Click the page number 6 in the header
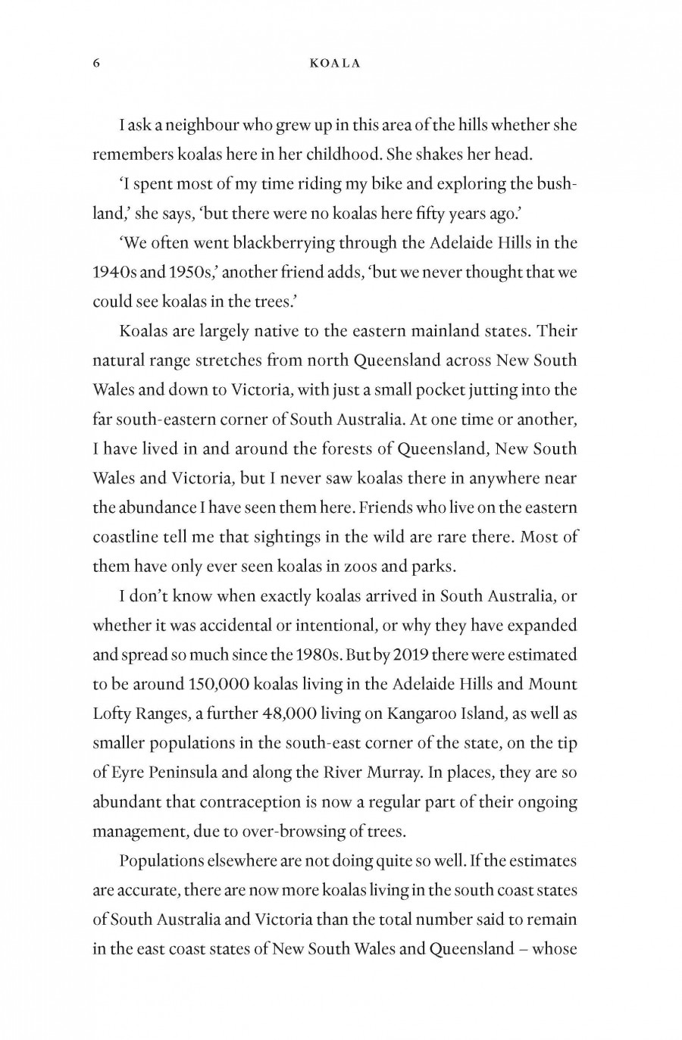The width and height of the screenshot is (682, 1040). [x=96, y=64]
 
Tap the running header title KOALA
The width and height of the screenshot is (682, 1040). [x=335, y=64]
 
